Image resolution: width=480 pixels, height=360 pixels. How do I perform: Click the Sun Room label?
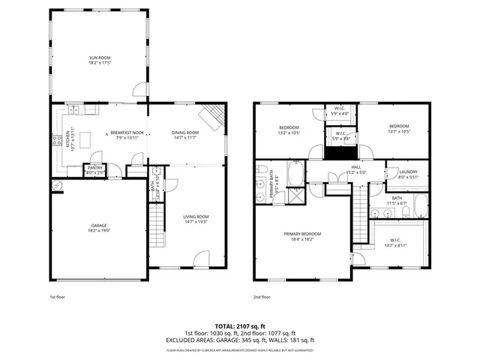point(99,57)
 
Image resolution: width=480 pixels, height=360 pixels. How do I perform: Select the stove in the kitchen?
point(56,139)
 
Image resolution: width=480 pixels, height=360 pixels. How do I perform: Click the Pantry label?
point(95,169)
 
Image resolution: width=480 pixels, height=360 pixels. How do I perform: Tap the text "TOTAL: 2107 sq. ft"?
point(240,327)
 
